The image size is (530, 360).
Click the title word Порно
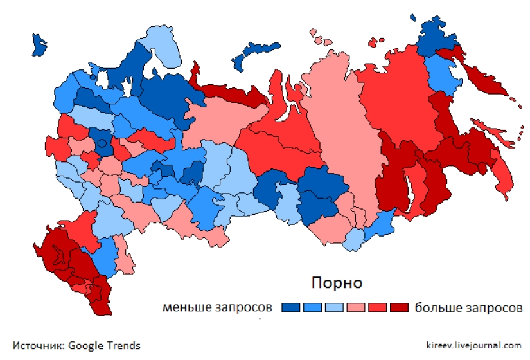pos(337,283)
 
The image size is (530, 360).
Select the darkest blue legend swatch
pos(291,307)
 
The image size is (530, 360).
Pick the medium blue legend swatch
pos(313,307)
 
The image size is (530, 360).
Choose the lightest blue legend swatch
pos(335,307)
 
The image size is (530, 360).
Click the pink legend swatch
pos(356,307)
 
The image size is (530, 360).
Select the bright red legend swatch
pos(378,307)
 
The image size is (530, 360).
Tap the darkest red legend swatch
pos(399,307)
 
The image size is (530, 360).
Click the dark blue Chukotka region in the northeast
pos(437,40)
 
